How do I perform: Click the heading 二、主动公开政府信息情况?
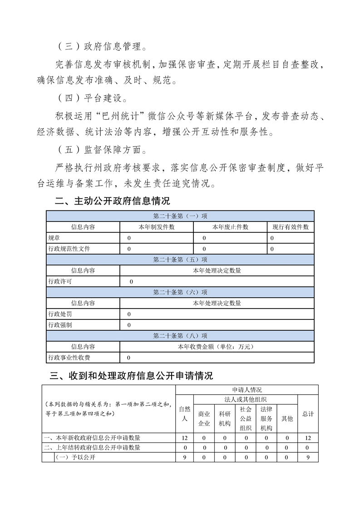112,201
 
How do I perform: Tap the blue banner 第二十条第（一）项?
180,216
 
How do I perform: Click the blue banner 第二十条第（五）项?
180,259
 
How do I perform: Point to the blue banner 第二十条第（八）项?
180,336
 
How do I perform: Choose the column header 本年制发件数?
157,227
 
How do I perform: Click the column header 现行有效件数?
291,227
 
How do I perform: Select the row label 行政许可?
60,281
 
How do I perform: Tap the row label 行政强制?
60,325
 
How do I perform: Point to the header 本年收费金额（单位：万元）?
217,347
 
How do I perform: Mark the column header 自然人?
184,414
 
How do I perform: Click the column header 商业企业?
204,418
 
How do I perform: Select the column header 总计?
308,414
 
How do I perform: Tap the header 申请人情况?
247,389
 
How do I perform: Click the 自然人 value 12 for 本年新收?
184,438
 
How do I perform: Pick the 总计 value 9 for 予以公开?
308,457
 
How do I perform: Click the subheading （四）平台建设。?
93,98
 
